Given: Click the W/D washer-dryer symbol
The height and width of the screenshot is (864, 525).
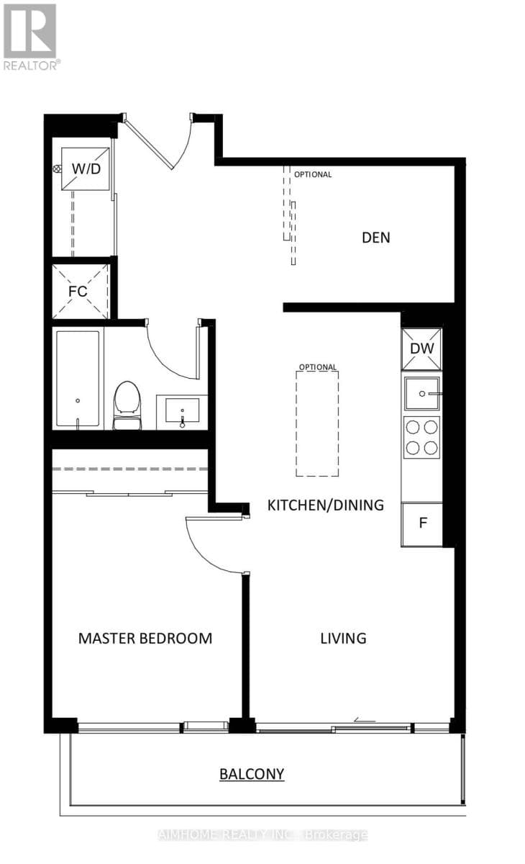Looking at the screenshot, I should coord(86,168).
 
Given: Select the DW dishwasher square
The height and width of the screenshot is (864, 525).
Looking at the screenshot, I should coord(422,348).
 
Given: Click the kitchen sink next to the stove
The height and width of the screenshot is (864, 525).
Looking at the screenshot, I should coord(422,394).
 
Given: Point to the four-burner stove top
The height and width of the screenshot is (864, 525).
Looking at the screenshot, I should coord(422,437).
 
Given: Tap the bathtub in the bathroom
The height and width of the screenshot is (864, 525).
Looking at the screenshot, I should coord(78,379).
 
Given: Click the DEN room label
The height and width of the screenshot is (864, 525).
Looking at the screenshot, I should coord(375,237).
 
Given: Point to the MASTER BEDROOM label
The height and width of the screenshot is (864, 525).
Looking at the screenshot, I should coord(145,638).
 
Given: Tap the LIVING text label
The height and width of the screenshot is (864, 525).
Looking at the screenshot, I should coord(343,638).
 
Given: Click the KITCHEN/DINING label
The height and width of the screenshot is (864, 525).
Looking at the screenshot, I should coord(325,505).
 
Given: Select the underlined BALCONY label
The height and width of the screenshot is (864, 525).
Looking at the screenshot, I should coord(252,774).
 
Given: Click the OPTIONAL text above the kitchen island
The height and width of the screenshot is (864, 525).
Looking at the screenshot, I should coord(317,367).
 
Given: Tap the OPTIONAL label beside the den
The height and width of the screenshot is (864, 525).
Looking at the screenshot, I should coord(313,174).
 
